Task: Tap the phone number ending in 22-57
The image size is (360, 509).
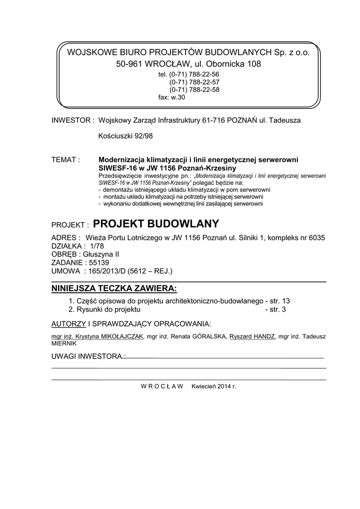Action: [194, 82]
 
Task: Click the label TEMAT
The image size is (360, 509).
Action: [66, 160]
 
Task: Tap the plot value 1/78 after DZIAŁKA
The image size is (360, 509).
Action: [91, 246]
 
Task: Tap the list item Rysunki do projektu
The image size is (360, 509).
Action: [109, 309]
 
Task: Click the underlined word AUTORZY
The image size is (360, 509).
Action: [69, 324]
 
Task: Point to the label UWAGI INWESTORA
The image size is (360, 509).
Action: [88, 357]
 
